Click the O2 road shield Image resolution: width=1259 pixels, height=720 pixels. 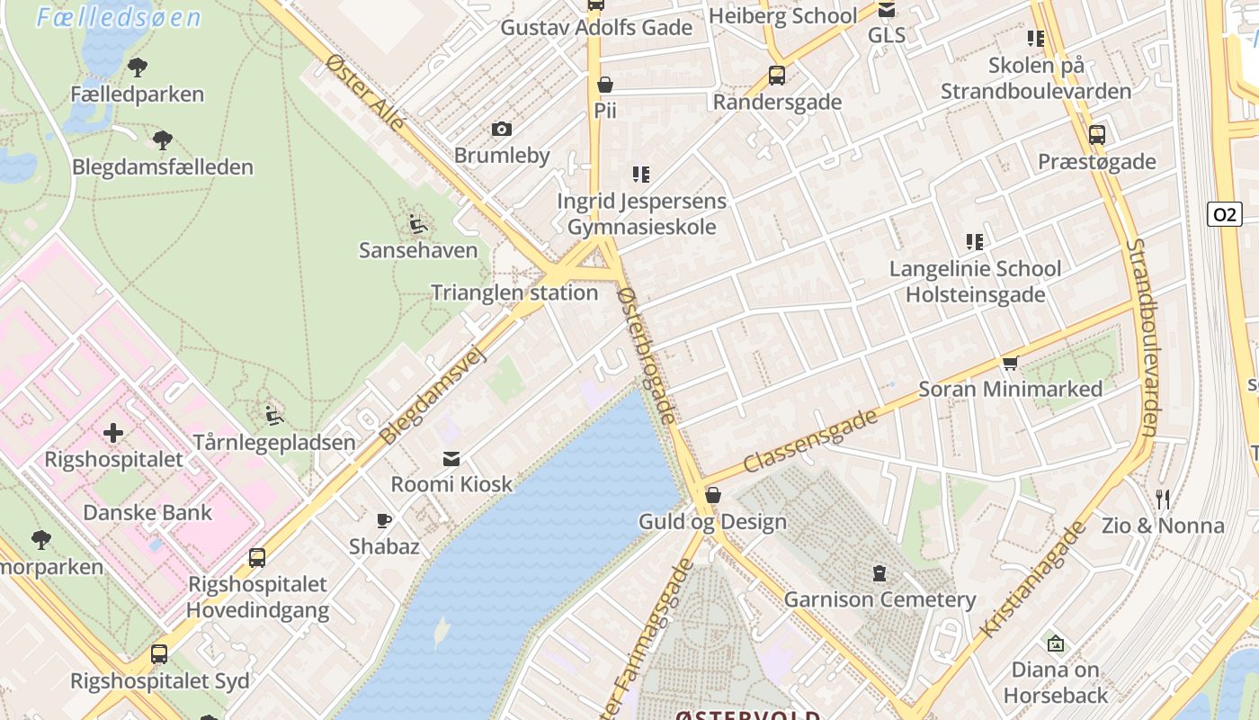pyautogui.click(x=1224, y=214)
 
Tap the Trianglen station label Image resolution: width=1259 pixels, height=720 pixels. pyautogui.click(x=514, y=292)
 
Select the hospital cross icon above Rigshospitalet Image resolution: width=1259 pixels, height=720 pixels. pyautogui.click(x=113, y=434)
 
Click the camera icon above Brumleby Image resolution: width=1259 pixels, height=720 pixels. pyautogui.click(x=502, y=130)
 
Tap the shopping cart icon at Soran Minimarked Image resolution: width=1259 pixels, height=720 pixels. pyautogui.click(x=1010, y=364)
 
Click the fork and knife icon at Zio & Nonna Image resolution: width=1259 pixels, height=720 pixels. pyautogui.click(x=1163, y=499)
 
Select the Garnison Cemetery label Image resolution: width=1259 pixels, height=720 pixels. pyautogui.click(x=880, y=599)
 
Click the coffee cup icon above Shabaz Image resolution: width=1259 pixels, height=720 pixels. pyautogui.click(x=384, y=520)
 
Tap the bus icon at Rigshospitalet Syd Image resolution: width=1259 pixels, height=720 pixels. pyautogui.click(x=159, y=654)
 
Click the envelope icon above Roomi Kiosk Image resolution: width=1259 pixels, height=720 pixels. pyautogui.click(x=451, y=459)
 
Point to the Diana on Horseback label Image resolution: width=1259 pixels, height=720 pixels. pyautogui.click(x=1056, y=682)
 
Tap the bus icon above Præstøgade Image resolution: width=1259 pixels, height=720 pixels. pyautogui.click(x=1096, y=135)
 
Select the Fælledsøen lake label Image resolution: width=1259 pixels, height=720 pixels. pyautogui.click(x=118, y=17)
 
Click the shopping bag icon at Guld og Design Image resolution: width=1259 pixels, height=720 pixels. pyautogui.click(x=713, y=495)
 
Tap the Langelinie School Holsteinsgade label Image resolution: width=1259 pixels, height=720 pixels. pyautogui.click(x=975, y=282)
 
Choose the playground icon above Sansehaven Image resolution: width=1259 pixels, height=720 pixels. pyautogui.click(x=417, y=223)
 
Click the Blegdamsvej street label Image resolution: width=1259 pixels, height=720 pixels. pyautogui.click(x=433, y=396)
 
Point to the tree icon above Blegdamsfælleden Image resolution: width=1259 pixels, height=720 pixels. pyautogui.click(x=163, y=140)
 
